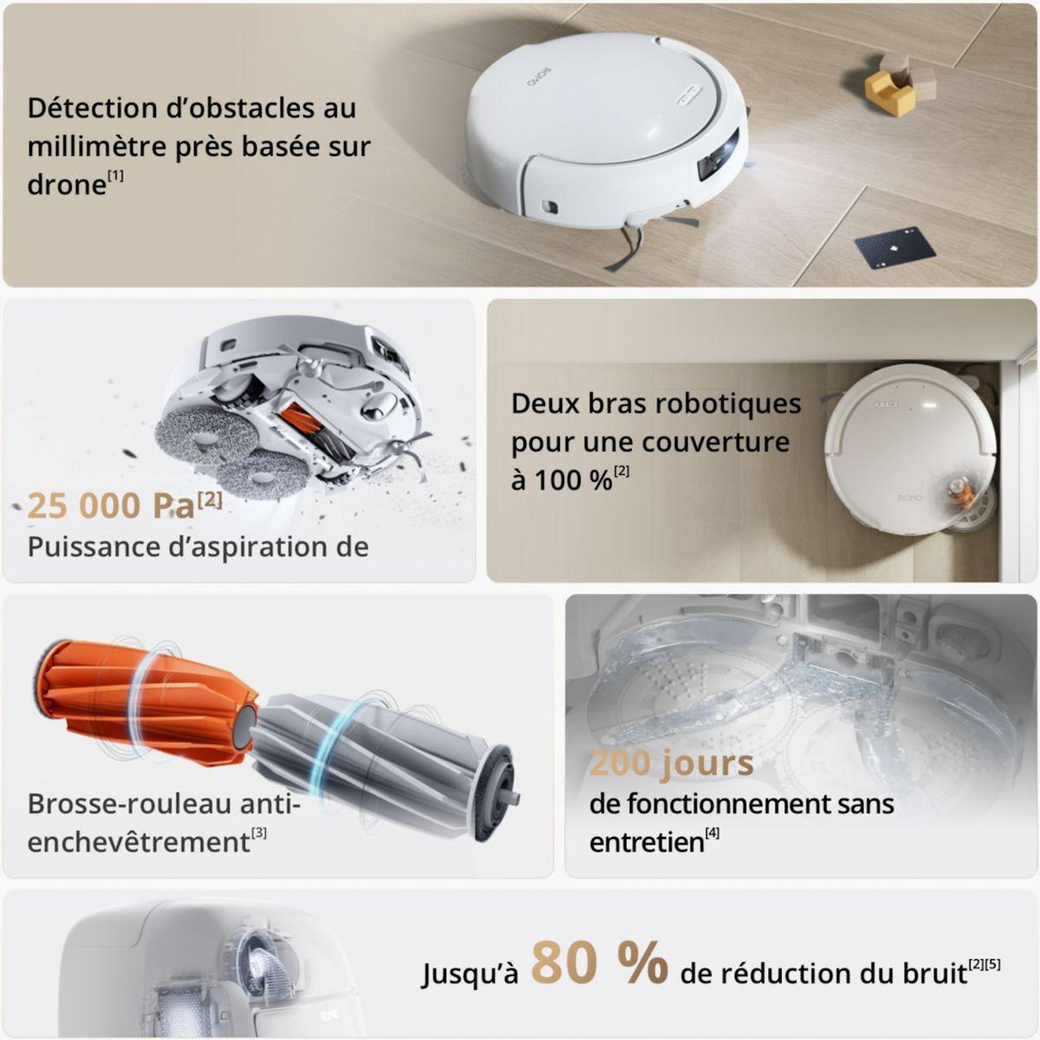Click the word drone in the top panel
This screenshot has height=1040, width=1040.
click(66, 185)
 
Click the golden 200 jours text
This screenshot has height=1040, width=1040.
click(671, 764)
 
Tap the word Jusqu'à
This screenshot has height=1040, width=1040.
click(470, 973)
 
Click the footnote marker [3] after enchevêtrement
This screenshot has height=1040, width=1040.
click(259, 834)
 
